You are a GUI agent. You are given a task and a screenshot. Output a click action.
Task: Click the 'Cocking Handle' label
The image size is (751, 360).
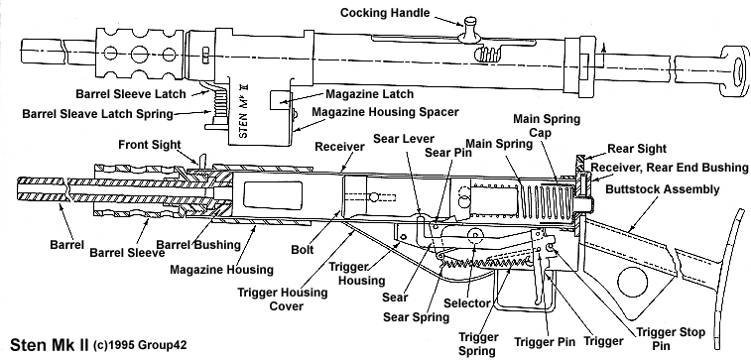pos(385,13)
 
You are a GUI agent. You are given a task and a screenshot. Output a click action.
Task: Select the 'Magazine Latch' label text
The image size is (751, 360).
pos(369,94)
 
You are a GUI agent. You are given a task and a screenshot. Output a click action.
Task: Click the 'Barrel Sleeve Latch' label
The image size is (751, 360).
pos(131,94)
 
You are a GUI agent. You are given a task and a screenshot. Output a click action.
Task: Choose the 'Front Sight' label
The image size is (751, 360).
pos(150,145)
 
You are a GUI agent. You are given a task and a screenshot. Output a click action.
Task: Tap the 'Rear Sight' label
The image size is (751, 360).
pos(637,149)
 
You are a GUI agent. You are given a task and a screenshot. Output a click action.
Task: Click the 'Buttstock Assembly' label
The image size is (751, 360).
pos(663,189)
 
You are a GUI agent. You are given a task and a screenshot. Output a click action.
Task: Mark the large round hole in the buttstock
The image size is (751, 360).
pos(632,282)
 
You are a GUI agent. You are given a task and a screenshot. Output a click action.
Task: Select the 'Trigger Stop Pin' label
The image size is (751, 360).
pos(670,338)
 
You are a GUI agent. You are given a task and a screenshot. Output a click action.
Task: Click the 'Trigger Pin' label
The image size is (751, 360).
pos(544,342)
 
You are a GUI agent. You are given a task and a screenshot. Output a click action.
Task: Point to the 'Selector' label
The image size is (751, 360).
pos(467,303)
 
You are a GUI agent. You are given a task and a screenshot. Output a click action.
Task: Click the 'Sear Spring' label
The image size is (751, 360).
pos(417,316)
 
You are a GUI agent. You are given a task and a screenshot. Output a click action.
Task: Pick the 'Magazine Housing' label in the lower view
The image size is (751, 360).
pos(222,270)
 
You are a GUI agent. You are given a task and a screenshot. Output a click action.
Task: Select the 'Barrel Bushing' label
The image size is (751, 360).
pos(198,245)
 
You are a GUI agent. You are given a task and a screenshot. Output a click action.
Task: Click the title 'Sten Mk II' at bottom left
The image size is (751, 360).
pos(50,345)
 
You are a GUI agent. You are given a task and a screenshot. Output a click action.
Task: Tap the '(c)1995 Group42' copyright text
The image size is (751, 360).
pos(139,345)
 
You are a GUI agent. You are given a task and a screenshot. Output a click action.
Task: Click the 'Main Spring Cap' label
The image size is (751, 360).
pos(547,125)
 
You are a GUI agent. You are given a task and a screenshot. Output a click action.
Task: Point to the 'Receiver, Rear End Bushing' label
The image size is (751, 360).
pos(669,167)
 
